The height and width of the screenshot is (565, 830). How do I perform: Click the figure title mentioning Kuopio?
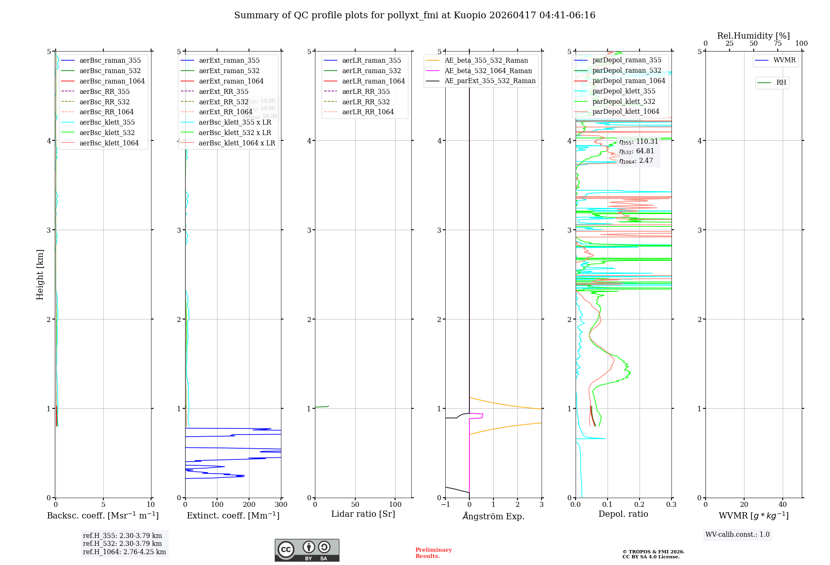click(x=415, y=15)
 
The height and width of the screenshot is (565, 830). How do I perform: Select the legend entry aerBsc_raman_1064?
click(x=112, y=81)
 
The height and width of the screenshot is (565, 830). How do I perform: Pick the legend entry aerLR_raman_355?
click(x=371, y=60)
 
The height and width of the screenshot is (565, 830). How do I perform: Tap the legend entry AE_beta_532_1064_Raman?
click(x=488, y=71)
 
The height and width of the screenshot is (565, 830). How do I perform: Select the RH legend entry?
click(x=781, y=83)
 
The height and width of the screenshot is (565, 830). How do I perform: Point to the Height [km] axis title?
click(x=40, y=274)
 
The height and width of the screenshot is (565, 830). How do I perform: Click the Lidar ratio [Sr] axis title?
click(x=363, y=514)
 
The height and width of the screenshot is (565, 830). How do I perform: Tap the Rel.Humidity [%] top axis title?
click(x=753, y=36)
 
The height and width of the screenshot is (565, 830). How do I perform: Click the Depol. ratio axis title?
click(x=623, y=514)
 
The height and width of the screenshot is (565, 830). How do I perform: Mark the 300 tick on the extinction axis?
click(x=281, y=505)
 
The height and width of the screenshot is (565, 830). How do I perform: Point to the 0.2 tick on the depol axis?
click(x=640, y=505)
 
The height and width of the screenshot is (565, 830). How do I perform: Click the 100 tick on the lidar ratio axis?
click(x=395, y=505)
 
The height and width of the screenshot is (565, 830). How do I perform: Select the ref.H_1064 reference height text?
click(x=124, y=552)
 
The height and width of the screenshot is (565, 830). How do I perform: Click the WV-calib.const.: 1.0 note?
click(x=737, y=535)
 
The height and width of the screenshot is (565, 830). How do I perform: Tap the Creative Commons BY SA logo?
click(x=307, y=550)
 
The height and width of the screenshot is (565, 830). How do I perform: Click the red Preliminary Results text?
click(x=433, y=553)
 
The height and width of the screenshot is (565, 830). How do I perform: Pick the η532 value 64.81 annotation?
click(x=637, y=151)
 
